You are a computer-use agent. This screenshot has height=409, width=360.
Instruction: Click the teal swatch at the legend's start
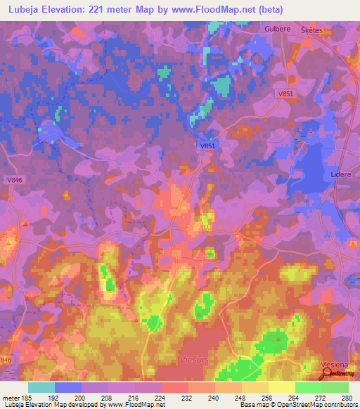pos(41,387)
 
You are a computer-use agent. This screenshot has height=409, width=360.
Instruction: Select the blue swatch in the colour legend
pos(68,387)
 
